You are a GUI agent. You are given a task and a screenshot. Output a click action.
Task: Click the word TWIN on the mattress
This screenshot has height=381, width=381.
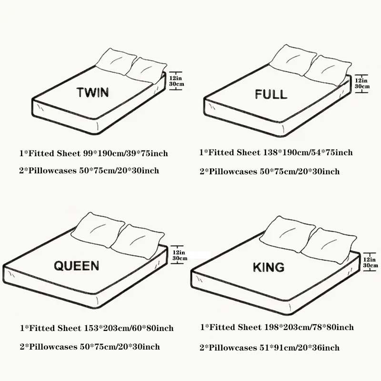(92, 92)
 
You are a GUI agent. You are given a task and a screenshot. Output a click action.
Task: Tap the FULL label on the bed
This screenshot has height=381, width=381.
(271, 94)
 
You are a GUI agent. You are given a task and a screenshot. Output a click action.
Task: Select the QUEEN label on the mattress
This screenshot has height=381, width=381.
(77, 266)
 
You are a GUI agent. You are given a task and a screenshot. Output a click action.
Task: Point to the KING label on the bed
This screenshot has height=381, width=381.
(269, 267)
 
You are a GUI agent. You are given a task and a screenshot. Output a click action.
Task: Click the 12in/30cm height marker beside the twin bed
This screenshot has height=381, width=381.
(176, 81)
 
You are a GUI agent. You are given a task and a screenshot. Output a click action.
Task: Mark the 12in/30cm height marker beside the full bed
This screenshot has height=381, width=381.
(362, 83)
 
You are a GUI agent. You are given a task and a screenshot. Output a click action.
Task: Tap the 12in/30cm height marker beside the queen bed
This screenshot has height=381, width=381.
(180, 255)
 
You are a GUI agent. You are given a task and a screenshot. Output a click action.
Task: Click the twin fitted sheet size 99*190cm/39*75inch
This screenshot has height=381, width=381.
(126, 153)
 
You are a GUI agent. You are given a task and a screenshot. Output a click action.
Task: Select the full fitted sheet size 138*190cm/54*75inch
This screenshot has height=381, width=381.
(308, 152)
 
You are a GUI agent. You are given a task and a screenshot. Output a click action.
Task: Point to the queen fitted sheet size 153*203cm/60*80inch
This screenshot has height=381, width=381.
(129, 328)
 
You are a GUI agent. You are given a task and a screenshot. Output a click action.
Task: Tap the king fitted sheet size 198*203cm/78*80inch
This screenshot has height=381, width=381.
(309, 327)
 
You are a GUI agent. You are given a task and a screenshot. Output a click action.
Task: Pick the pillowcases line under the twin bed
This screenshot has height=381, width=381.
(89, 170)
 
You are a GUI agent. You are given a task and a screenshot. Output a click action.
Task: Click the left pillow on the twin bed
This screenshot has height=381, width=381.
(116, 61)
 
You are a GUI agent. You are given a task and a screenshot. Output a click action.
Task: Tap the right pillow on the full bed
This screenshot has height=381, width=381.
(328, 70)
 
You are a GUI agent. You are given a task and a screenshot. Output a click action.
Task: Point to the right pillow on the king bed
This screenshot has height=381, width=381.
(329, 245)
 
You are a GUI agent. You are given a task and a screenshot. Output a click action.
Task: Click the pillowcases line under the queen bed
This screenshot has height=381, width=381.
(90, 347)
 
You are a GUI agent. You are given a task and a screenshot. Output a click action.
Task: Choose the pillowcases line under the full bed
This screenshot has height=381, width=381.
(270, 171)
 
